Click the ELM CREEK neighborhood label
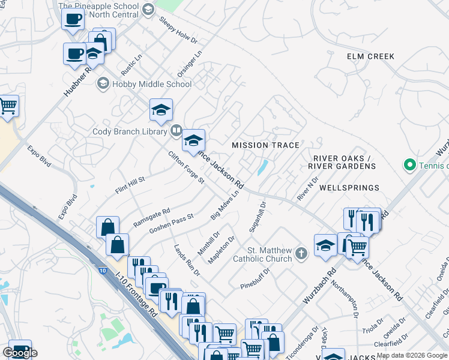(370, 56)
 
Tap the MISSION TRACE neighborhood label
(265, 145)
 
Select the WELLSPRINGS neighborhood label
(349, 188)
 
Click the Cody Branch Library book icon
(176, 130)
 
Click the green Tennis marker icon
(410, 164)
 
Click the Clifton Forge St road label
(187, 167)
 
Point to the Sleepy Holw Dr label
(178, 29)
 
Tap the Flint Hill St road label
(130, 186)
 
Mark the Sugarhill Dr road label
(257, 217)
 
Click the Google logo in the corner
(20, 353)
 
